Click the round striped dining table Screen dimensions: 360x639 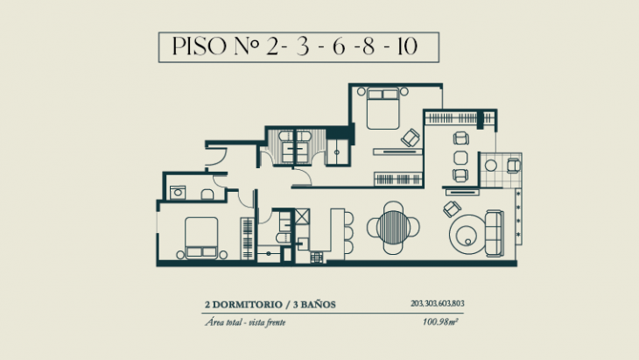387,226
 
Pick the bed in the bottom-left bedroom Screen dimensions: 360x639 200,238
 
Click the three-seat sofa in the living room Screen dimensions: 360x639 495,230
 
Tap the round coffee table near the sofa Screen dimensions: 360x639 465,232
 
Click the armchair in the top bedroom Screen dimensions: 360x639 409,138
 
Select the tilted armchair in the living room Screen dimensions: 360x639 452,208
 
